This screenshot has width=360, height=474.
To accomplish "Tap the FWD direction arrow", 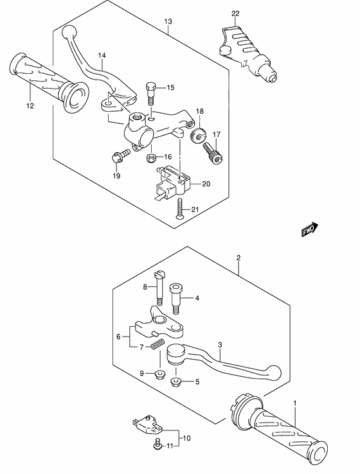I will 310,229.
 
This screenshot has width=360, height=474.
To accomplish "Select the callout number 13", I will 168,21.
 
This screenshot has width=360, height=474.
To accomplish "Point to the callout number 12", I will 29,105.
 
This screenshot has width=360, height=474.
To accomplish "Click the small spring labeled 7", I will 155,347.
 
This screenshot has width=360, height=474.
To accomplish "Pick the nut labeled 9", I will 158,374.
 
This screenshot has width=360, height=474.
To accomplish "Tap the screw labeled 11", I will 157,443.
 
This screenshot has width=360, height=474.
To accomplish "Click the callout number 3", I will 219,344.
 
